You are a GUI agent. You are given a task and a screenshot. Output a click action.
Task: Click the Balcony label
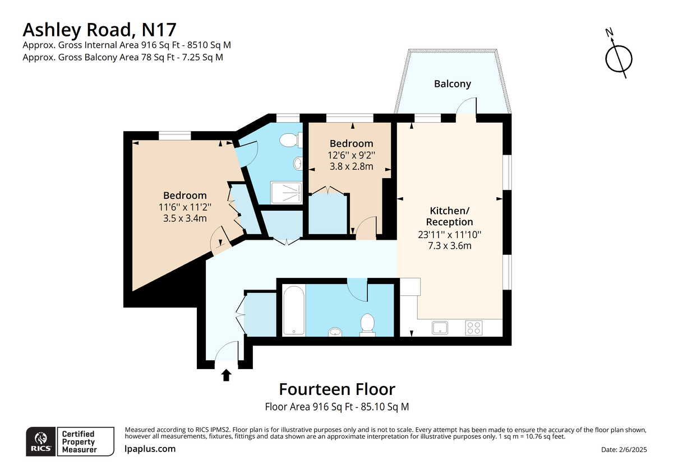(x=452, y=83)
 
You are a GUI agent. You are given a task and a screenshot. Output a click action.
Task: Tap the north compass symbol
(x=618, y=58)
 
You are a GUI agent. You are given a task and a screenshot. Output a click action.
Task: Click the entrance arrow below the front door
(x=226, y=375)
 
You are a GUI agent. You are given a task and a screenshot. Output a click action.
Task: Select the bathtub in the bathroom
(x=294, y=310)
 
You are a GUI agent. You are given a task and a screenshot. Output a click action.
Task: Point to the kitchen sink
(x=440, y=328)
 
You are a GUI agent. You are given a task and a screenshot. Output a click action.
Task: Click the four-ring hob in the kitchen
(x=474, y=328)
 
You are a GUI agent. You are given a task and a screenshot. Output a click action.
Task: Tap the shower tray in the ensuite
(x=286, y=193)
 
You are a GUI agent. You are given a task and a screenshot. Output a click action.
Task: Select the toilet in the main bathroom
(x=367, y=325)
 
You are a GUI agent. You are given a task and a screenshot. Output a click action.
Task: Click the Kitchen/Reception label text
(x=449, y=216)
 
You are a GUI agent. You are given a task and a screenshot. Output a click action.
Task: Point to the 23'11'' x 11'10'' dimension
(x=449, y=234)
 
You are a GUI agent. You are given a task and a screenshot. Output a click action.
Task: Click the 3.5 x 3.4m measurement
(x=185, y=218)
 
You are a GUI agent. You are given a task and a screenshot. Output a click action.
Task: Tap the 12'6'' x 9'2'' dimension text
(x=351, y=155)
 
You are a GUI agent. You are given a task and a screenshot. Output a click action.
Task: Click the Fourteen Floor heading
(x=337, y=389)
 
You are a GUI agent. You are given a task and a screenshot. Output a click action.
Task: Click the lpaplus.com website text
(x=150, y=449)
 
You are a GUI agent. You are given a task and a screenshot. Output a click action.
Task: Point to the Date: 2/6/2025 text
(x=624, y=449)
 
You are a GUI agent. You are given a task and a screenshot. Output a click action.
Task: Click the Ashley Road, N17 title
(x=99, y=29)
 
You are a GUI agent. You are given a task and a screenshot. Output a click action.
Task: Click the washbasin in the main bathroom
(x=335, y=332)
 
